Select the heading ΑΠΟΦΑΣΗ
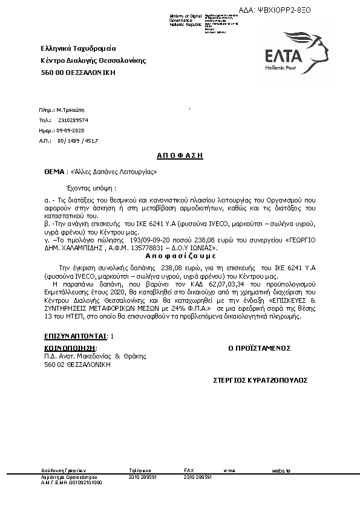coord(180,155)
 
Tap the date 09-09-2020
coord(71,131)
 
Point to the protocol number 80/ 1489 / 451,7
coord(77,140)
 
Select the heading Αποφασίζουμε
coord(180,256)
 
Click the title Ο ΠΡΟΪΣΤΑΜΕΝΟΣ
coord(260,348)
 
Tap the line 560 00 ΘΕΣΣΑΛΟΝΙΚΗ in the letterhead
coord(77,73)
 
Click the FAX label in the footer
coord(189,470)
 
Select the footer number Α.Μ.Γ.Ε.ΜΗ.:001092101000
coord(71,483)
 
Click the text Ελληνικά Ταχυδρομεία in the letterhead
coord(78,48)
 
